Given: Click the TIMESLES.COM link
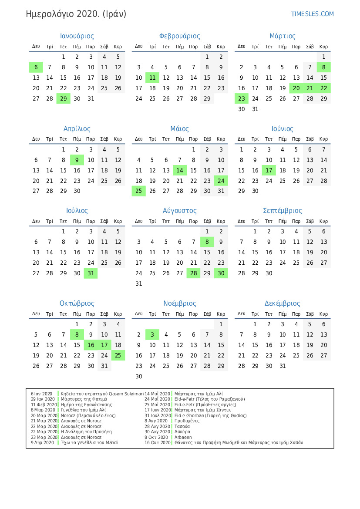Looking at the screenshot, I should pos(312,14).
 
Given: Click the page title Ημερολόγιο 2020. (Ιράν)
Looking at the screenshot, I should pos(76,14).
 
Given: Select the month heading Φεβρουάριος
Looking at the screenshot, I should pos(180,36).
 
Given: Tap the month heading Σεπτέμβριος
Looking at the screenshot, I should pos(283,211).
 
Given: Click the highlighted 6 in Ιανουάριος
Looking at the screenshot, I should pos(36,67).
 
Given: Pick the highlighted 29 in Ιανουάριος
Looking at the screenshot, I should pos(63,98).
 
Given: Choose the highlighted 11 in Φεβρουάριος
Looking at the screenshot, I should pos(152,78).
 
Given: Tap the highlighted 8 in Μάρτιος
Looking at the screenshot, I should pos(323,67).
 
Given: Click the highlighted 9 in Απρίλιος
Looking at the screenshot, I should pos(77,160).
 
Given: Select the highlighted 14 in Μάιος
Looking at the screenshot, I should pos(180,170).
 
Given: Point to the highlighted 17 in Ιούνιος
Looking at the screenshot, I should pos(269,170).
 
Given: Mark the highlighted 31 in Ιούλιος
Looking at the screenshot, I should pos(91,273).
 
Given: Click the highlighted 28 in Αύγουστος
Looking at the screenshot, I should pos(193,273).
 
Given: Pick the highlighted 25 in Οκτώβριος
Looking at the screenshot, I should pos(118,356).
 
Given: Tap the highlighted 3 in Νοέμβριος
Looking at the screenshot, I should pos(152,335).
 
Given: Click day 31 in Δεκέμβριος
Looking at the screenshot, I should pos(283,366).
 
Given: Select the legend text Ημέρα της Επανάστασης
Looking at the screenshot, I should pos(87,405).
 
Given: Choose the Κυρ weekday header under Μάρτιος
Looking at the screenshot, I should pos(323,47).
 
